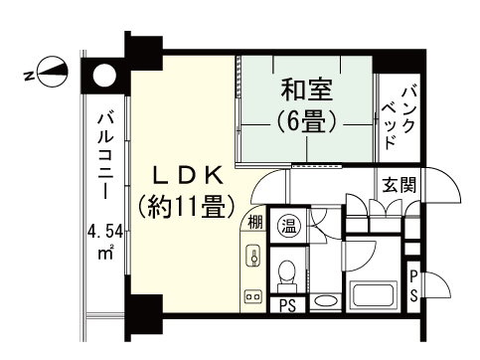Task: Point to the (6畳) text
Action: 305,122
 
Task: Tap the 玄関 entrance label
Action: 400,185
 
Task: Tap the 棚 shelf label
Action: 255,222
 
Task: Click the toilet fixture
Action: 286,270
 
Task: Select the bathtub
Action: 375,295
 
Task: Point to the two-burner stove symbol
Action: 252,295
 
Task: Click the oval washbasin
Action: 324,300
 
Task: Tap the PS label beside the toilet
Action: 287,304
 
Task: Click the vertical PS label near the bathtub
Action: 413,285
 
